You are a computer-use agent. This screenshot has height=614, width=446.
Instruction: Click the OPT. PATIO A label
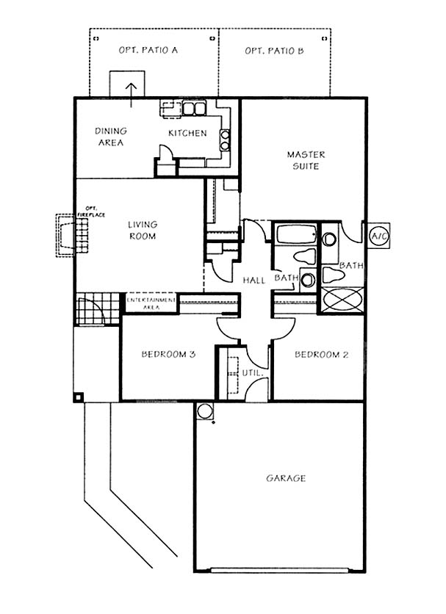(x=148, y=50)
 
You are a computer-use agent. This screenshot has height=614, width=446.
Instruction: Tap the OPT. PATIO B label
(x=274, y=51)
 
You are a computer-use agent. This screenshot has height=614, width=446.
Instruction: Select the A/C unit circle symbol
(x=379, y=236)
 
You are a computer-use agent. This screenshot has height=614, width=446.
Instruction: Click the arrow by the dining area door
(x=132, y=95)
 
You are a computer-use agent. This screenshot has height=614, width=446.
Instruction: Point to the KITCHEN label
(x=187, y=133)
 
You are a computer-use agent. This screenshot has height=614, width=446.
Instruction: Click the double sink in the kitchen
(x=194, y=109)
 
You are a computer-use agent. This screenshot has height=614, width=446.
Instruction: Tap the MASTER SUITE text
(x=306, y=160)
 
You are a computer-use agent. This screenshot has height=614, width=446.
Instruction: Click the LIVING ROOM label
(x=143, y=231)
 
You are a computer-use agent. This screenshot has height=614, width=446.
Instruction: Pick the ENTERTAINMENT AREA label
(x=151, y=303)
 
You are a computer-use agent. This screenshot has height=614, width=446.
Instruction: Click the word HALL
(x=254, y=280)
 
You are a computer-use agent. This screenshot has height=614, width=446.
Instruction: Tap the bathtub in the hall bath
(x=295, y=234)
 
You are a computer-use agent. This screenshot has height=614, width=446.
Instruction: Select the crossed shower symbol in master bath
(x=343, y=300)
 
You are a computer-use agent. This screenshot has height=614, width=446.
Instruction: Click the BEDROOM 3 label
(x=168, y=355)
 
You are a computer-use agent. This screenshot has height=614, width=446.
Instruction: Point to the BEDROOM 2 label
(x=321, y=355)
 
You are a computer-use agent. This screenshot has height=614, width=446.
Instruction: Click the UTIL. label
(x=252, y=373)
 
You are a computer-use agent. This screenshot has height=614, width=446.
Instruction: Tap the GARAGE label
(x=286, y=478)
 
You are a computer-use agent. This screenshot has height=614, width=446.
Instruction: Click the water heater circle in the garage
(x=204, y=411)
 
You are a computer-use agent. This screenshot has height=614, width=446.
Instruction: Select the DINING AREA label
(x=111, y=137)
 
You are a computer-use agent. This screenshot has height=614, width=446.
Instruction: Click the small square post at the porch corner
(x=79, y=397)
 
